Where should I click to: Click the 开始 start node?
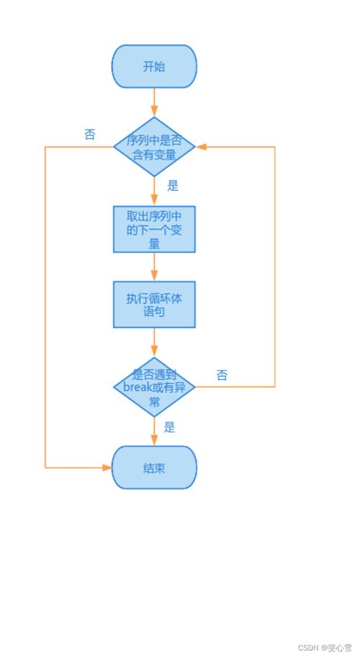coord(154,66)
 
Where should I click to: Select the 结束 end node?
coord(154,468)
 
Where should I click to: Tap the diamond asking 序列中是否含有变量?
coord(154,146)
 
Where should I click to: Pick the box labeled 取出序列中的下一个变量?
coord(154,229)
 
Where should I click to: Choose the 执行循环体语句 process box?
coord(154,304)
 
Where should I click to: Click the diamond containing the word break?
coord(154,387)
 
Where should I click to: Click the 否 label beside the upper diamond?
coord(89,134)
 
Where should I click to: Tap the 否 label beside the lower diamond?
coord(222,375)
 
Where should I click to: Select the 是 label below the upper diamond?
coord(173,186)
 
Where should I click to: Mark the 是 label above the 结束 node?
coord(169,427)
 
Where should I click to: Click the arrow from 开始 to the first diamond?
coord(154,102)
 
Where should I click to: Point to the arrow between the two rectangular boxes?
coord(154,267)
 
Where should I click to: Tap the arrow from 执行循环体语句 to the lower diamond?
coord(154,342)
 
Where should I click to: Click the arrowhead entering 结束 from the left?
coord(107,468)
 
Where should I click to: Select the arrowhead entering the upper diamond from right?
coord(202,146)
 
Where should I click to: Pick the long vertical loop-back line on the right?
coord(275,267)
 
